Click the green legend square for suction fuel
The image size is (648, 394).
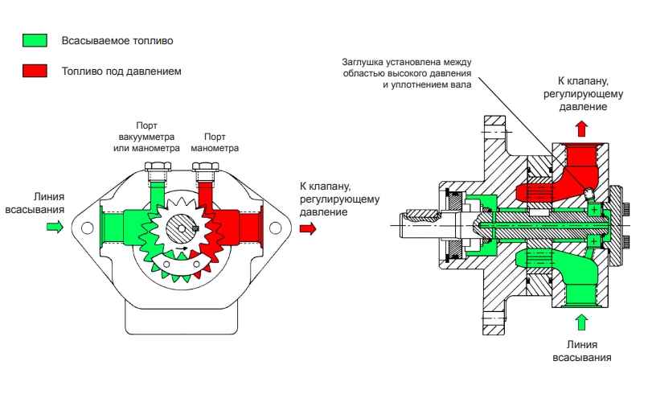tap(35, 39)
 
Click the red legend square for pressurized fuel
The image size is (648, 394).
tap(35, 72)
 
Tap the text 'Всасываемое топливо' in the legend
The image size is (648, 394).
tap(117, 39)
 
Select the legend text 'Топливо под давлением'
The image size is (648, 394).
tap(121, 72)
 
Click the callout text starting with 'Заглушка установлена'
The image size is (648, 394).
tap(411, 73)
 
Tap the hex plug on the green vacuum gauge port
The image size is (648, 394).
tap(156, 170)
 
